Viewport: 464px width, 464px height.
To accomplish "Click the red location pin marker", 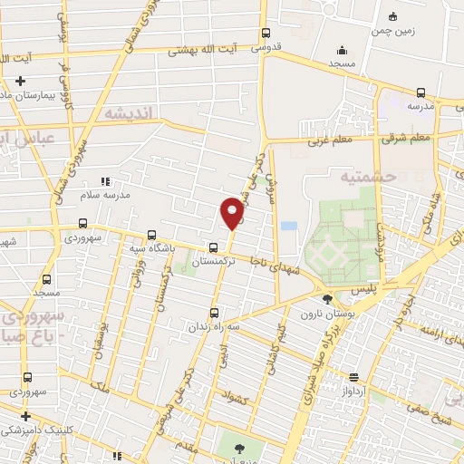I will [x=232, y=212].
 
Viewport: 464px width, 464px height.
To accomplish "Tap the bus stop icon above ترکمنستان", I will [x=213, y=246].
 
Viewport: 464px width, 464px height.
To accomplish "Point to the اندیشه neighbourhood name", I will [x=130, y=113].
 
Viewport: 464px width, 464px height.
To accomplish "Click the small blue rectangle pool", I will [x=289, y=226].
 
